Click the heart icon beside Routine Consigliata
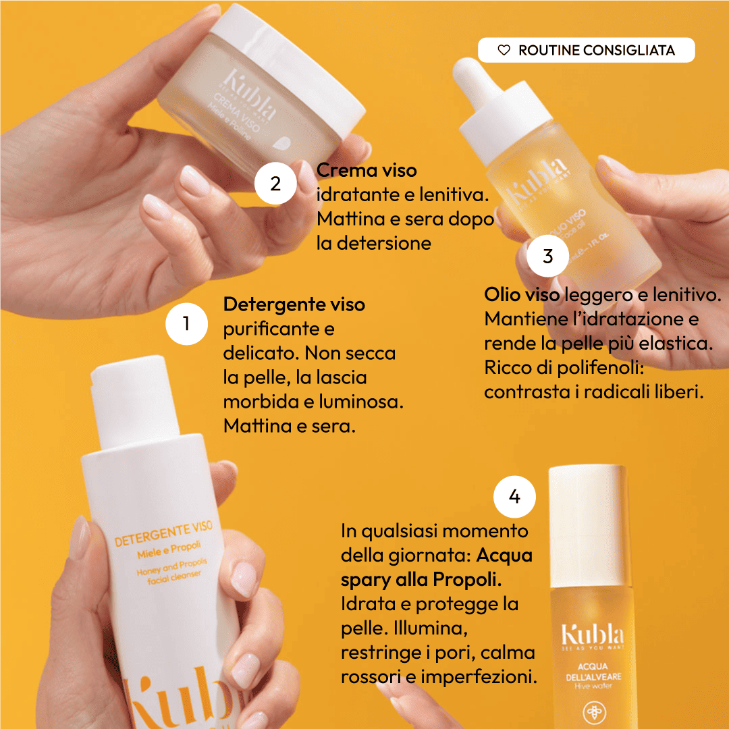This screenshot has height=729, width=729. pyautogui.click(x=504, y=50)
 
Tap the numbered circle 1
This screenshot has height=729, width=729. pyautogui.click(x=186, y=324)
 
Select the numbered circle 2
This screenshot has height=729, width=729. pyautogui.click(x=275, y=184)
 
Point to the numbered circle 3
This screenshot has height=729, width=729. pyautogui.click(x=547, y=256)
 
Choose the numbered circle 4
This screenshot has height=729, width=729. pyautogui.click(x=514, y=497)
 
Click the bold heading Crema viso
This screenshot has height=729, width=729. pyautogui.click(x=367, y=170)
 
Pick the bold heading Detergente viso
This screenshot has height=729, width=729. pyautogui.click(x=294, y=304)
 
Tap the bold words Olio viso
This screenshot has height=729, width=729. pyautogui.click(x=522, y=295)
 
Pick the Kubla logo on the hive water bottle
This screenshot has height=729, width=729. pyautogui.click(x=592, y=634)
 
